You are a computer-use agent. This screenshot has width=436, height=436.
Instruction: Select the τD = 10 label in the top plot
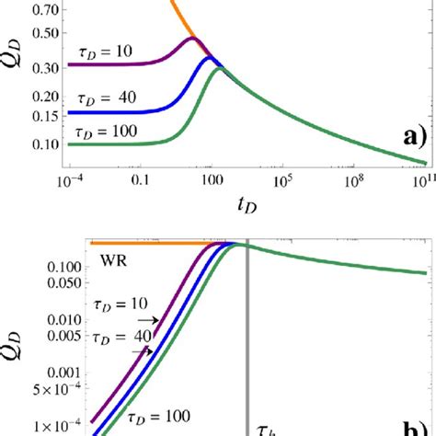[103, 53]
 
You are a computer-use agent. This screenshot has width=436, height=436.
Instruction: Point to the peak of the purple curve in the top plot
[191, 39]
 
